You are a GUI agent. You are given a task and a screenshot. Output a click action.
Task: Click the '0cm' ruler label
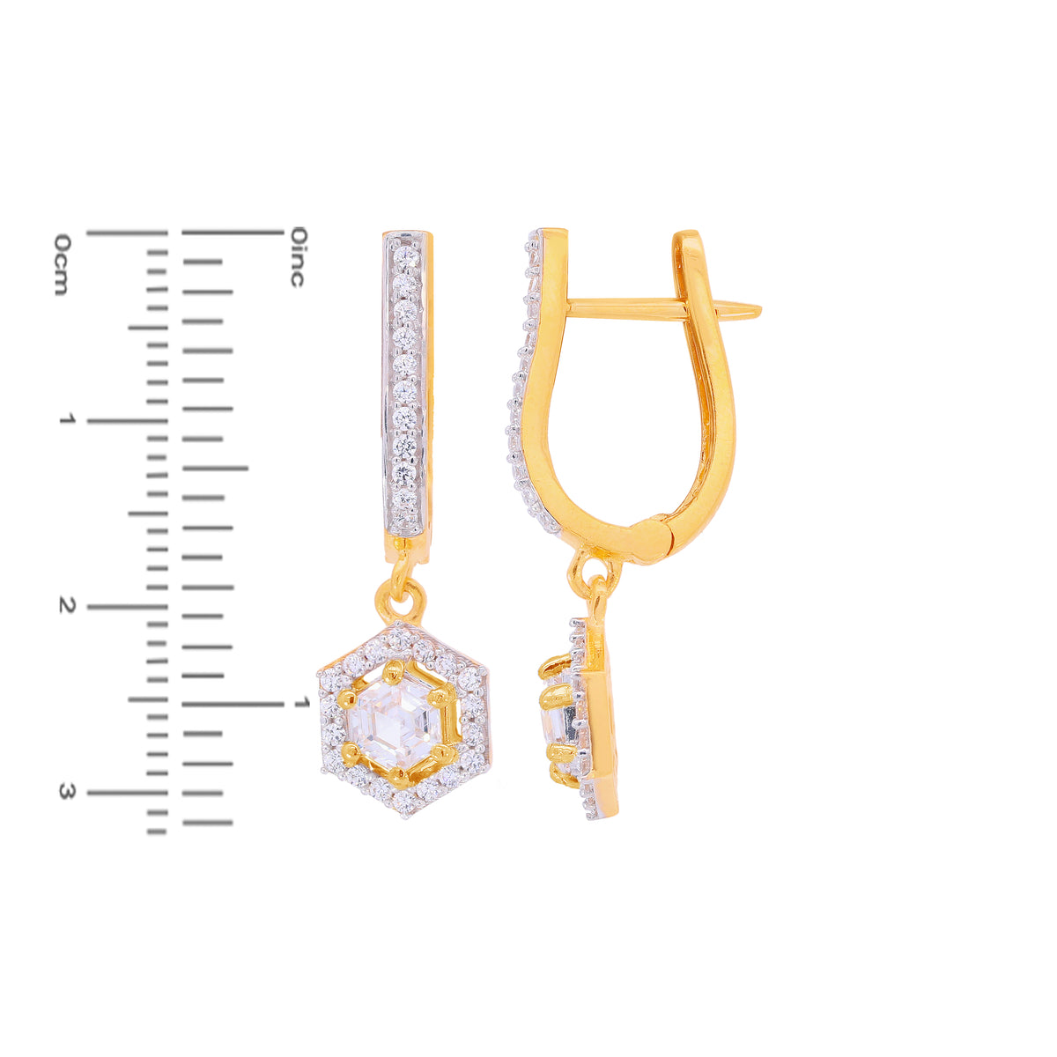[x=63, y=264]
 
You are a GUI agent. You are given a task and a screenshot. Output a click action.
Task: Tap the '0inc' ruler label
[x=298, y=256]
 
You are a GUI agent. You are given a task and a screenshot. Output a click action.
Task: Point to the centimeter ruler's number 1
[x=67, y=419]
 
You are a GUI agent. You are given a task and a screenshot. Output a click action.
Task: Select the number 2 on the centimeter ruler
[x=67, y=605]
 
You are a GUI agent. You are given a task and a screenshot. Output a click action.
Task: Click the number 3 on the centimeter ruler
[x=67, y=791]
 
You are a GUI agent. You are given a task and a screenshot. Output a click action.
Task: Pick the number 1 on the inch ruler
[x=302, y=702]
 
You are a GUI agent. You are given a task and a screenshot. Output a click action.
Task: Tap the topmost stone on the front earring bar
[x=406, y=258]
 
